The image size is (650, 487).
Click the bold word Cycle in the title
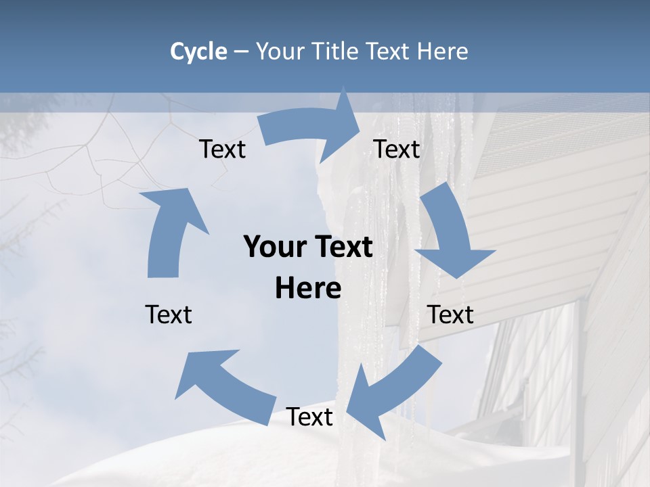coord(198,51)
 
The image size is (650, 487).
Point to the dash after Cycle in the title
coord(241,52)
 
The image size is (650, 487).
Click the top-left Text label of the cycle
coord(222,149)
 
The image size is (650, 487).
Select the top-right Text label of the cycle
coord(397,149)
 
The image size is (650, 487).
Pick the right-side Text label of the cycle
coord(450,315)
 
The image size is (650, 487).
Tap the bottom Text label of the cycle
coord(309,417)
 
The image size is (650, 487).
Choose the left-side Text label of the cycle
coord(169,315)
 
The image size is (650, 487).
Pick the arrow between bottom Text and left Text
coord(223,386)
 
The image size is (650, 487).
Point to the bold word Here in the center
coord(308,288)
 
